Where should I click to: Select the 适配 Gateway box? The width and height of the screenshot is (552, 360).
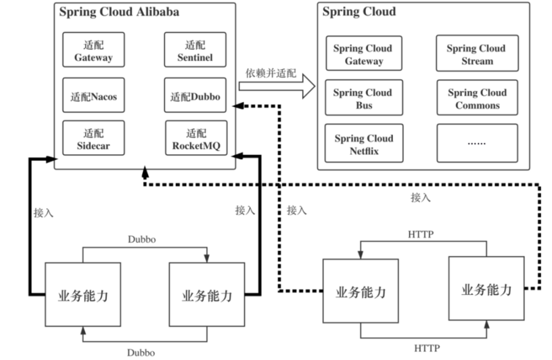93,51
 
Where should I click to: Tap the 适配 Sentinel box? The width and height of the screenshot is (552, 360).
195,51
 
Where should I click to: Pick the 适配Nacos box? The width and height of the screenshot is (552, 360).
93,97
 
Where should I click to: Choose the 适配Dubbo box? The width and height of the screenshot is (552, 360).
195,97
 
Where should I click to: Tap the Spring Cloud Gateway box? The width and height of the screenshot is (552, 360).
363,55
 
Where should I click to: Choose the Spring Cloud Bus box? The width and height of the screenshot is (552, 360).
363,99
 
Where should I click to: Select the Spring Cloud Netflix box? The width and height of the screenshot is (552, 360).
363,144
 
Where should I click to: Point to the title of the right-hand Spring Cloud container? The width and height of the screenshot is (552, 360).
359,12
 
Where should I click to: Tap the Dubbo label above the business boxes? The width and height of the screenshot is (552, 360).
143,240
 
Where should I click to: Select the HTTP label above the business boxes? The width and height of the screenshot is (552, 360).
421,234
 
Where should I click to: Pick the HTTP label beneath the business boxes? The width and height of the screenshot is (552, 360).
428,348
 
